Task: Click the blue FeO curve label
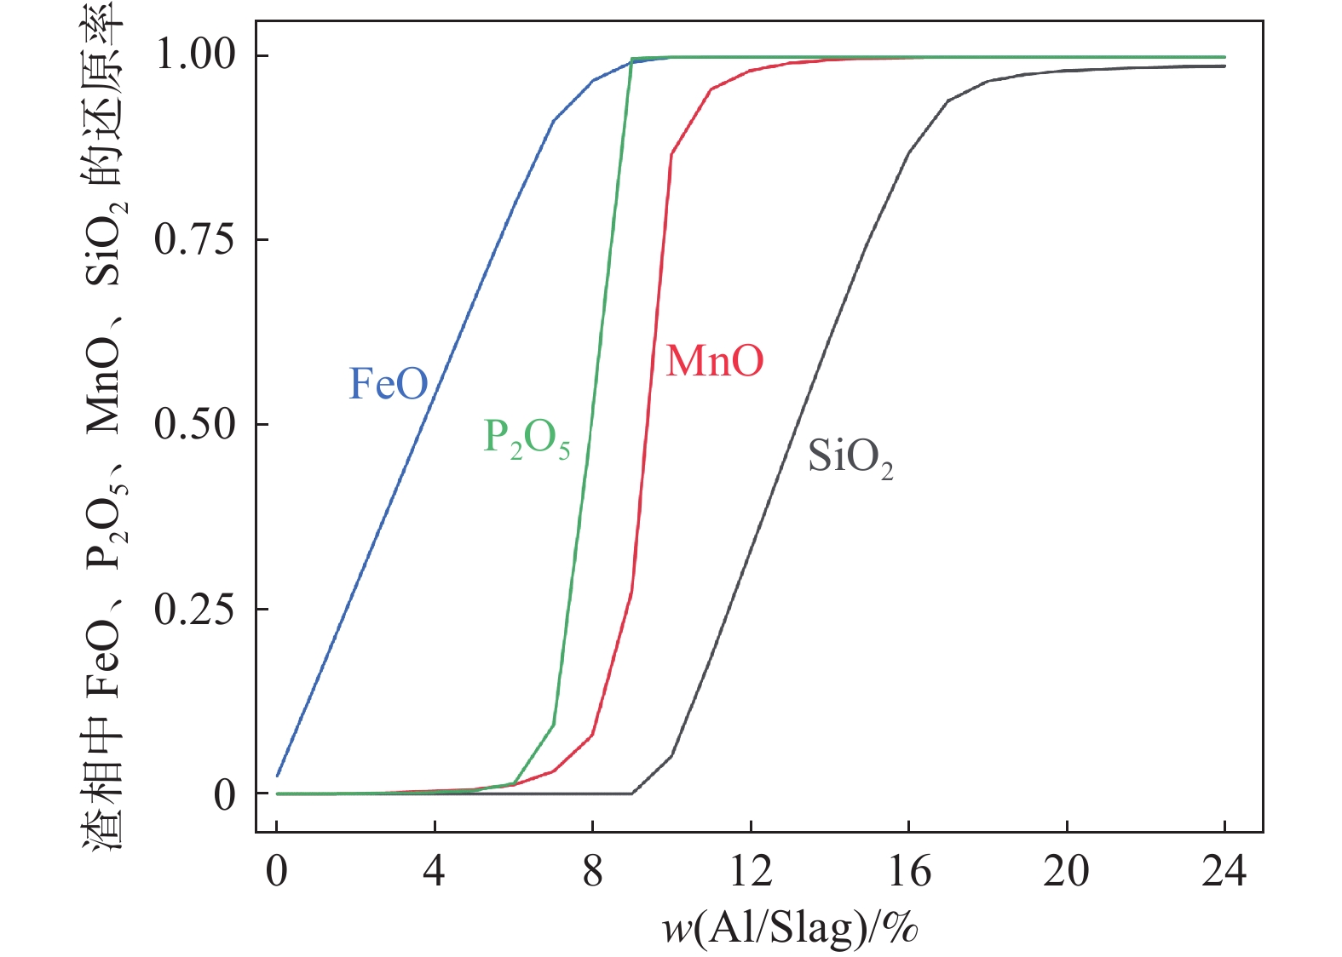click(x=389, y=384)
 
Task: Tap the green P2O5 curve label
click(x=526, y=438)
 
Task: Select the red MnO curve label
click(x=714, y=361)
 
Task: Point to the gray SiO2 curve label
click(x=850, y=458)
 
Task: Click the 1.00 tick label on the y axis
click(x=195, y=54)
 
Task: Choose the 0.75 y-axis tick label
click(x=195, y=239)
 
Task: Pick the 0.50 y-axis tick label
click(x=195, y=424)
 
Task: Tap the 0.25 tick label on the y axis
click(x=195, y=609)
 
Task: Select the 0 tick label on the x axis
click(x=277, y=871)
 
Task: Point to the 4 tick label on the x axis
click(x=435, y=871)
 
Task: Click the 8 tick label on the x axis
click(x=593, y=871)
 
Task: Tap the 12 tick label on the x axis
click(x=751, y=871)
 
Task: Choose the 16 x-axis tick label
click(x=909, y=871)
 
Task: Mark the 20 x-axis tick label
click(x=1067, y=871)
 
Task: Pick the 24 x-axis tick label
click(x=1224, y=871)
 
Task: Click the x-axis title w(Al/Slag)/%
click(x=790, y=927)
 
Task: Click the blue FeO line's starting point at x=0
click(x=278, y=775)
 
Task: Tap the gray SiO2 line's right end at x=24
click(x=1224, y=66)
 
